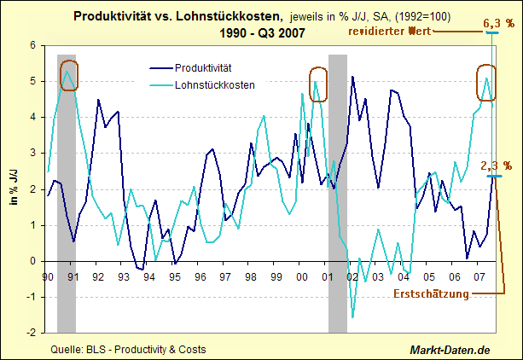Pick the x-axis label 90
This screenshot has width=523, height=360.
pyautogui.click(x=48, y=277)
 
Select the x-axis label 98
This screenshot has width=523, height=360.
pyautogui.click(x=249, y=277)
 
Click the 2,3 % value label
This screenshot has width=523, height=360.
pyautogui.click(x=496, y=165)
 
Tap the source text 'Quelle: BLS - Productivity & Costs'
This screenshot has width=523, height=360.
pyautogui.click(x=128, y=349)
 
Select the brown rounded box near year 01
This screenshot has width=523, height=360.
pyautogui.click(x=318, y=84)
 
